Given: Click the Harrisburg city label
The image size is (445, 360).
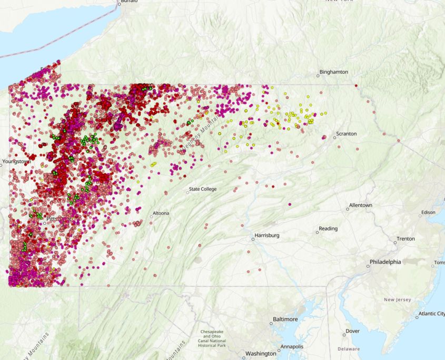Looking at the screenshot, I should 267,235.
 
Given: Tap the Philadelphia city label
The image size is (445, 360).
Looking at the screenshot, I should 385,262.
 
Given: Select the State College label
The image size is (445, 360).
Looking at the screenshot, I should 203,189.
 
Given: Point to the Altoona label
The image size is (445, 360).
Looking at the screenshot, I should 161,214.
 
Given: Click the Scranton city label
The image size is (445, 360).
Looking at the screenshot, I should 346,134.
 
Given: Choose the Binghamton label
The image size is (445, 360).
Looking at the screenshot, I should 333,72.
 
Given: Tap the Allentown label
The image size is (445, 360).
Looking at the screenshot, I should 361,205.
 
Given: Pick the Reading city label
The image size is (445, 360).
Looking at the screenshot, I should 328,228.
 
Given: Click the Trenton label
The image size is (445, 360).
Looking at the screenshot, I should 406,238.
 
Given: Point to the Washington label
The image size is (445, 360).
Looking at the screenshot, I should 261,353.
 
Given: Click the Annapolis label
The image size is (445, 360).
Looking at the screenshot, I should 292,347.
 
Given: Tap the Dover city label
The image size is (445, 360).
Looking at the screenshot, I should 353,331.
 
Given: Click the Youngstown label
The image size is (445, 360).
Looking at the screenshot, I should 16,162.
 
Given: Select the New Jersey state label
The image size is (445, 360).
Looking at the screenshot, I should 397,299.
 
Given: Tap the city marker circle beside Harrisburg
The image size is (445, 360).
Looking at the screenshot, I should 253,239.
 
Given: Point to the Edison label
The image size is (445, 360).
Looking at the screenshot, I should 428,213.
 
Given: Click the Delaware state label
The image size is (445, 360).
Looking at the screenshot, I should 349,348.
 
